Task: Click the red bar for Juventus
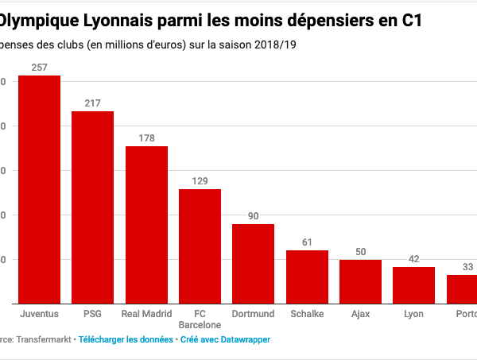(40, 189)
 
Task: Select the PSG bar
(93, 207)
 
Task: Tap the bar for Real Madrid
(146, 225)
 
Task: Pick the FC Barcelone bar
(200, 246)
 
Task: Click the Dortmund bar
(253, 264)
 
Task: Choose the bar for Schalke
(307, 277)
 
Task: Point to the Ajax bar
(360, 281)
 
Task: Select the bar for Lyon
(413, 285)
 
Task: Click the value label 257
(40, 68)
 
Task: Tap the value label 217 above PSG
(93, 103)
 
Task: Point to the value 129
(200, 181)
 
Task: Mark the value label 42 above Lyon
(413, 259)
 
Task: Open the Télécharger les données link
(126, 339)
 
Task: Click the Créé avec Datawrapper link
(225, 339)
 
